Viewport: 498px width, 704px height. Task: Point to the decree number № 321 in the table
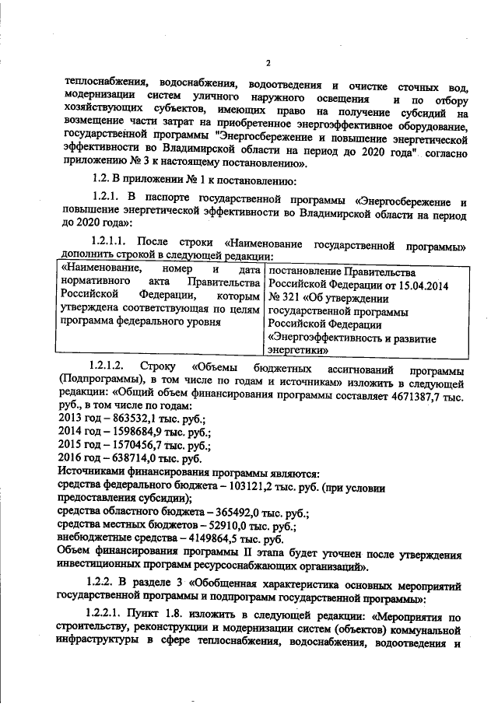[x=283, y=299]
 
